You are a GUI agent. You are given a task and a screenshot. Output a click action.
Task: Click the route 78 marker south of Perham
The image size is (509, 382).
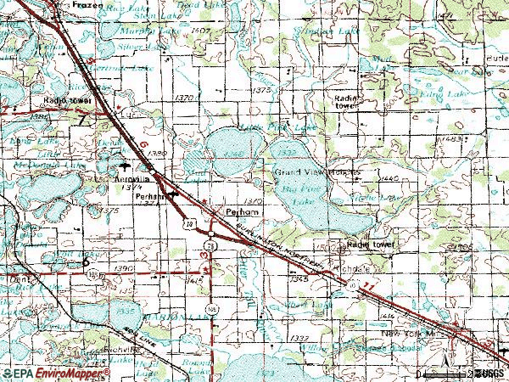(x=209, y=244)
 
